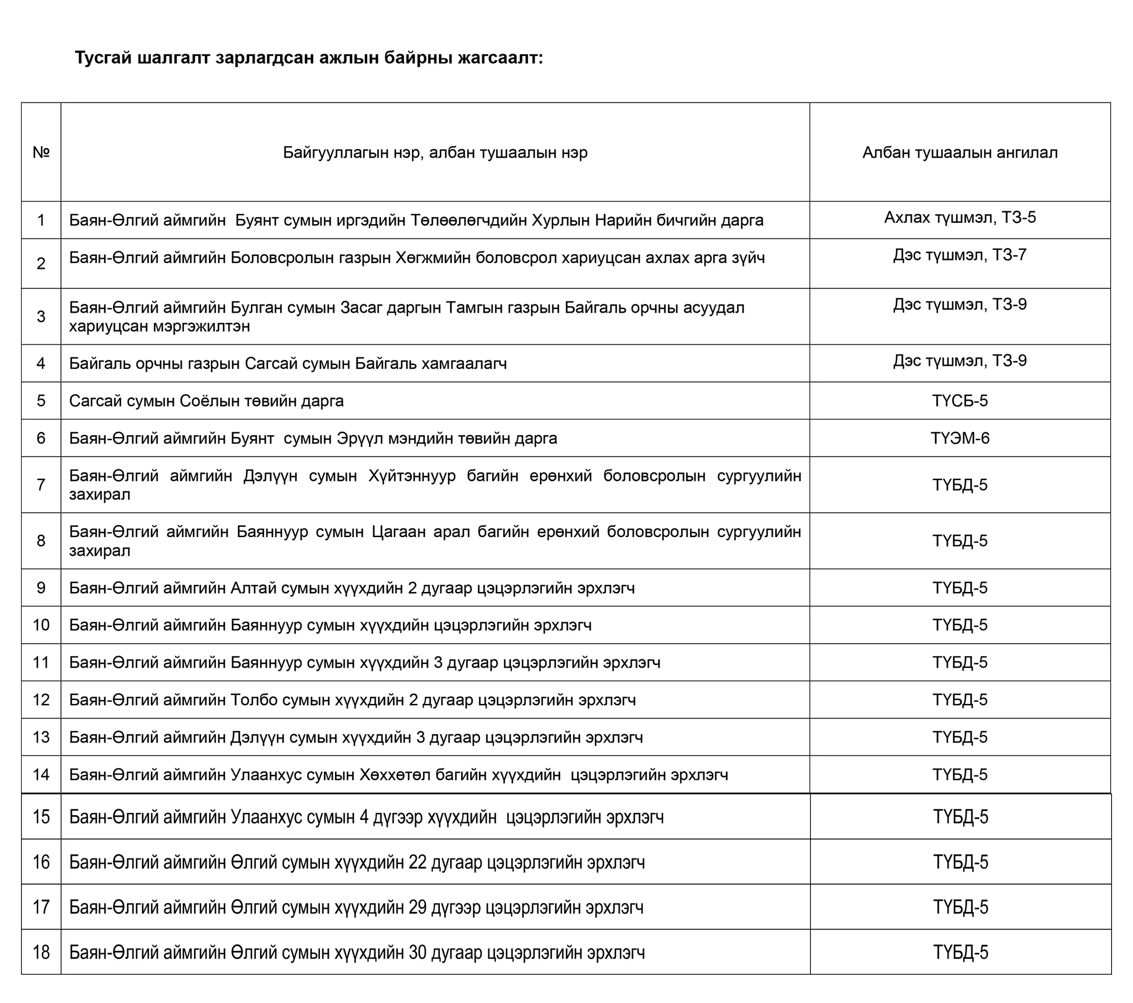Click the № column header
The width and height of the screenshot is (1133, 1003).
coord(41,153)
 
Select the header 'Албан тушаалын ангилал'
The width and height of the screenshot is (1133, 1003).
coord(959,153)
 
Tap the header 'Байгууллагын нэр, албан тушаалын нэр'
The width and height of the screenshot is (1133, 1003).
coord(435,153)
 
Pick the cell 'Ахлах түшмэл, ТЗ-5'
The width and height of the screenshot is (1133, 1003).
coord(959,217)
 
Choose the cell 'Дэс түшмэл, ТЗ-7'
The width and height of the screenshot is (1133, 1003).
coord(959,255)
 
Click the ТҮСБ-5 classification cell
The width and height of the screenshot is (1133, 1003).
coord(959,401)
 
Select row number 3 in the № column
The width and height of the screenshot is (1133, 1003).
coord(41,317)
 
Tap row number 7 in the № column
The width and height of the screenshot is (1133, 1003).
coord(41,485)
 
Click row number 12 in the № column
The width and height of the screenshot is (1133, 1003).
coord(41,700)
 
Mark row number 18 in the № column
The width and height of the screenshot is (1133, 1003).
coord(41,952)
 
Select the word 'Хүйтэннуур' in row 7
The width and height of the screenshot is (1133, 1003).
coord(412,476)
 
